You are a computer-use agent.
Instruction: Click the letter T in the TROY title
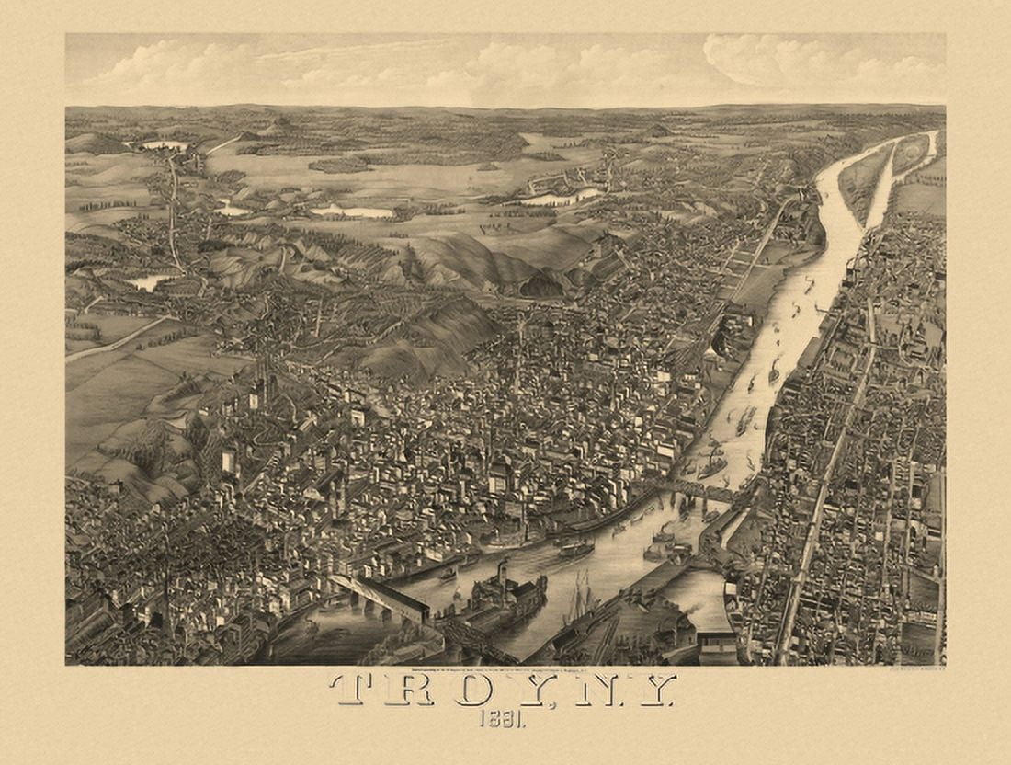click(x=357, y=690)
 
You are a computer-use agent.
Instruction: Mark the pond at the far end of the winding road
click(x=164, y=145)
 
